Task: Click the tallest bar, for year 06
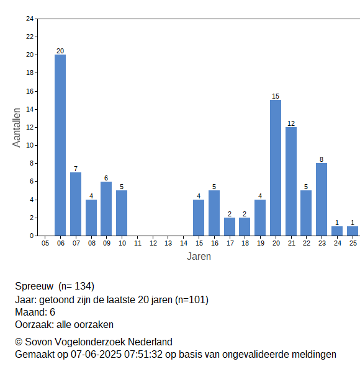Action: pos(60,145)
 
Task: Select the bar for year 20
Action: pos(276,168)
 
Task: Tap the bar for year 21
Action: pos(291,182)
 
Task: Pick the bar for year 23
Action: pos(322,200)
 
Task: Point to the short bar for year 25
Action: pos(353,231)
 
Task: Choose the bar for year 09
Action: pos(106,209)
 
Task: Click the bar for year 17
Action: pos(230,227)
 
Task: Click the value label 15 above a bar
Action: pos(276,96)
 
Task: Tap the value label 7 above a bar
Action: pos(76,169)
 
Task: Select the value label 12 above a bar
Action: pos(291,123)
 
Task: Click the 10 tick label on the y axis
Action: pos(30,145)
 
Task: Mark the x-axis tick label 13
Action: pos(168,243)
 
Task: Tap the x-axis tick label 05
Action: pos(45,243)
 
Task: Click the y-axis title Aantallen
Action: pos(17,128)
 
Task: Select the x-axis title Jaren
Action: pos(199,257)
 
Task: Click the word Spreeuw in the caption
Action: pos(34,286)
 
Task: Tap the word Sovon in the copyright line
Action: pos(38,342)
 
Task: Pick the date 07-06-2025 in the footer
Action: pos(96,355)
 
